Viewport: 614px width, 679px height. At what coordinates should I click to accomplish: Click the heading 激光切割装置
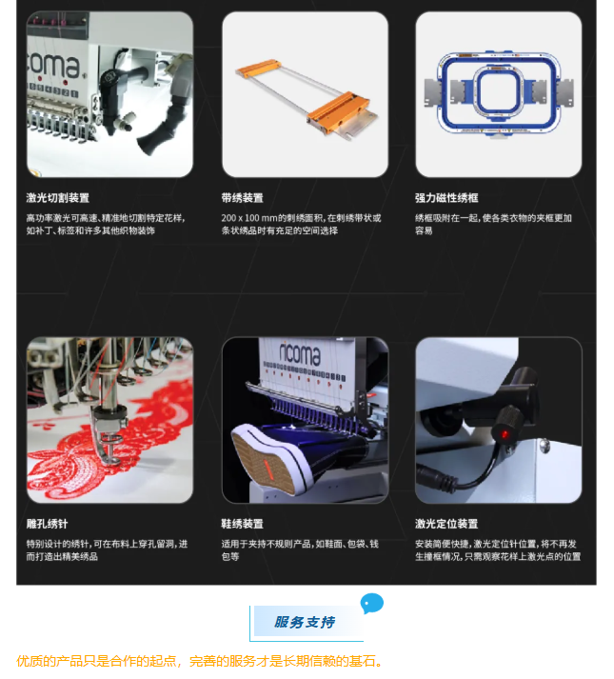point(57,198)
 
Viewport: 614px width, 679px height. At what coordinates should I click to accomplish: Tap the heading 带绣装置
point(242,198)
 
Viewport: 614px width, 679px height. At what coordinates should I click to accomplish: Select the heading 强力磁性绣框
point(446,198)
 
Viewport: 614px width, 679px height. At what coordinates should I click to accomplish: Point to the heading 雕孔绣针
point(47,524)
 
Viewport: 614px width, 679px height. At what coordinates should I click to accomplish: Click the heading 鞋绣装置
point(242,524)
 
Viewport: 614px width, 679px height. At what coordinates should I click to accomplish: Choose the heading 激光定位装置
point(446,524)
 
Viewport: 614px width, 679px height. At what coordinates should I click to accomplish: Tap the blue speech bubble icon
point(371,603)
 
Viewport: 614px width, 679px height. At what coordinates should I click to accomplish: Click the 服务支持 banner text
point(305,622)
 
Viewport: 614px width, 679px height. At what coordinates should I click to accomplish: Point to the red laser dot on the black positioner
point(505,434)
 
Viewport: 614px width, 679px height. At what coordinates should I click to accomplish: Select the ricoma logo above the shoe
point(300,353)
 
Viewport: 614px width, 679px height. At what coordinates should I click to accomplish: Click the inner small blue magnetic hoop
point(498,91)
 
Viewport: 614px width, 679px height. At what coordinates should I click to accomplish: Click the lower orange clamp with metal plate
point(342,115)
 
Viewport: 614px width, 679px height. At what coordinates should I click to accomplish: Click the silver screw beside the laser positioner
point(545,445)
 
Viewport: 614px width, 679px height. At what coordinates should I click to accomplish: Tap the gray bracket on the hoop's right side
point(563,92)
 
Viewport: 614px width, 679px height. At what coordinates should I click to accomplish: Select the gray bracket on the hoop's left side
point(434,92)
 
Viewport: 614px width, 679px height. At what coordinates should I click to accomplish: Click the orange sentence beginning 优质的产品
point(200,661)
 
